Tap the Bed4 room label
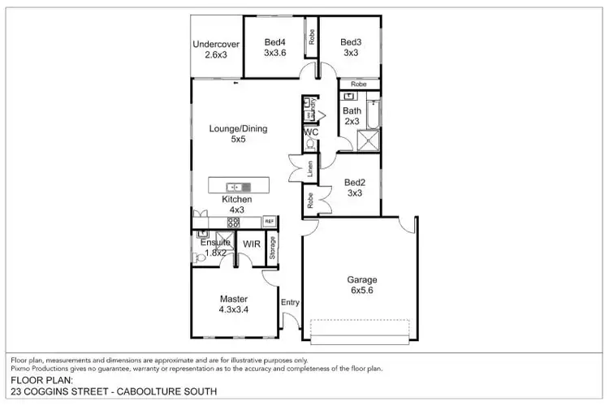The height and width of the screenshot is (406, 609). [x=275, y=47]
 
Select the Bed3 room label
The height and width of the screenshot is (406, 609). [x=350, y=47]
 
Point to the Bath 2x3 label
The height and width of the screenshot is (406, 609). [x=352, y=116]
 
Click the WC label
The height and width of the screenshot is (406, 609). [x=310, y=131]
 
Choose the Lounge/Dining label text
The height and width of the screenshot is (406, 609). [x=238, y=133]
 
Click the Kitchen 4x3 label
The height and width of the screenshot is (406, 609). [x=237, y=204]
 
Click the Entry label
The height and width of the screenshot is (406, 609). [x=290, y=302]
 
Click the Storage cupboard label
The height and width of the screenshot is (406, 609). [x=272, y=248]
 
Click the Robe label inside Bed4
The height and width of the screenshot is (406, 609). [x=309, y=37]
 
